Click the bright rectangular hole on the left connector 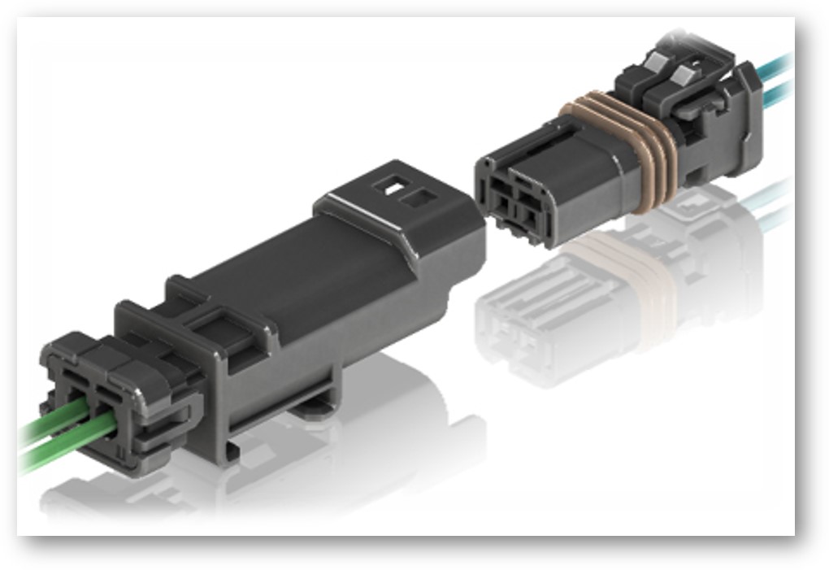388,189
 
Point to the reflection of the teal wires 772,203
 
